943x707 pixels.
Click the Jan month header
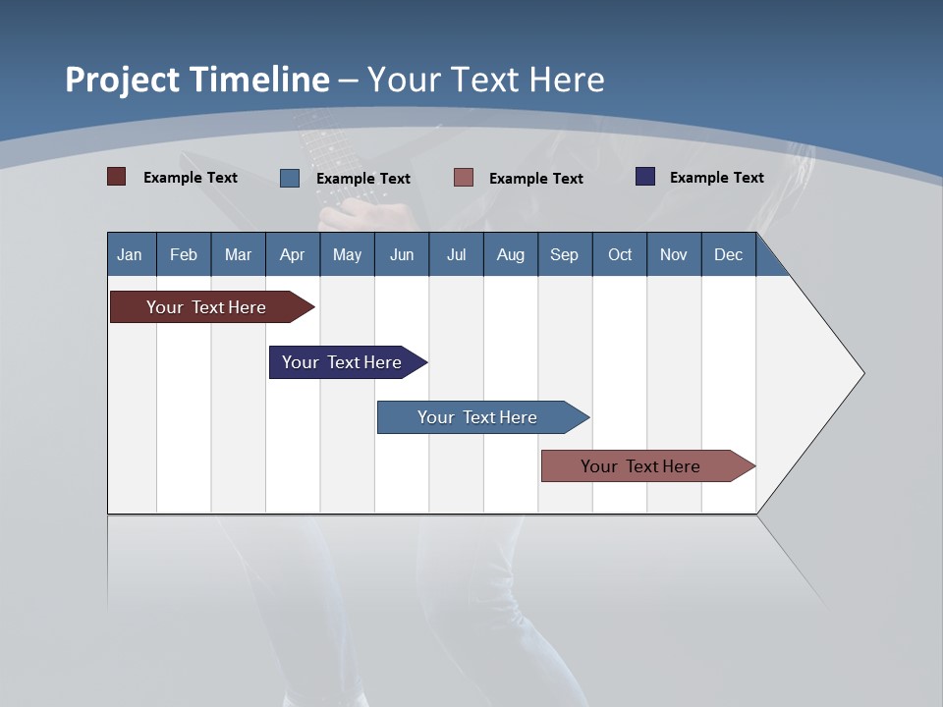[131, 254]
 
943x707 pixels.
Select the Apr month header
[293, 254]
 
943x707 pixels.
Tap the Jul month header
[456, 254]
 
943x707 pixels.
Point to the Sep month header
[564, 254]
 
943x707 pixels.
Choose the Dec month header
[728, 254]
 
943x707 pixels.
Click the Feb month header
[184, 254]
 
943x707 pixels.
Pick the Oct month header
[620, 254]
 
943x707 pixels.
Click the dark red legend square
[117, 177]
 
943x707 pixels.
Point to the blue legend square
[290, 178]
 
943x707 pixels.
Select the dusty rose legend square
[464, 178]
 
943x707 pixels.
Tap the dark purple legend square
[645, 177]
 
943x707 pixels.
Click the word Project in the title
[123, 80]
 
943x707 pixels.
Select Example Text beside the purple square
[716, 178]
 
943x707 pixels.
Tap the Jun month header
[402, 254]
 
